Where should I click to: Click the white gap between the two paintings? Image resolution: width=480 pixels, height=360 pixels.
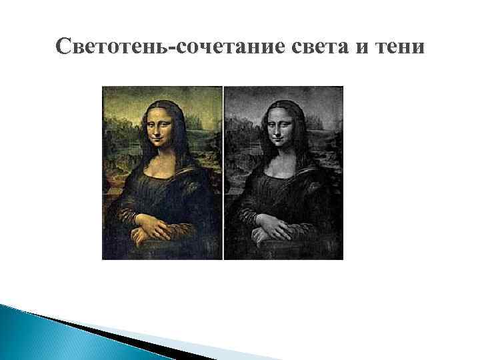click(223, 173)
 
